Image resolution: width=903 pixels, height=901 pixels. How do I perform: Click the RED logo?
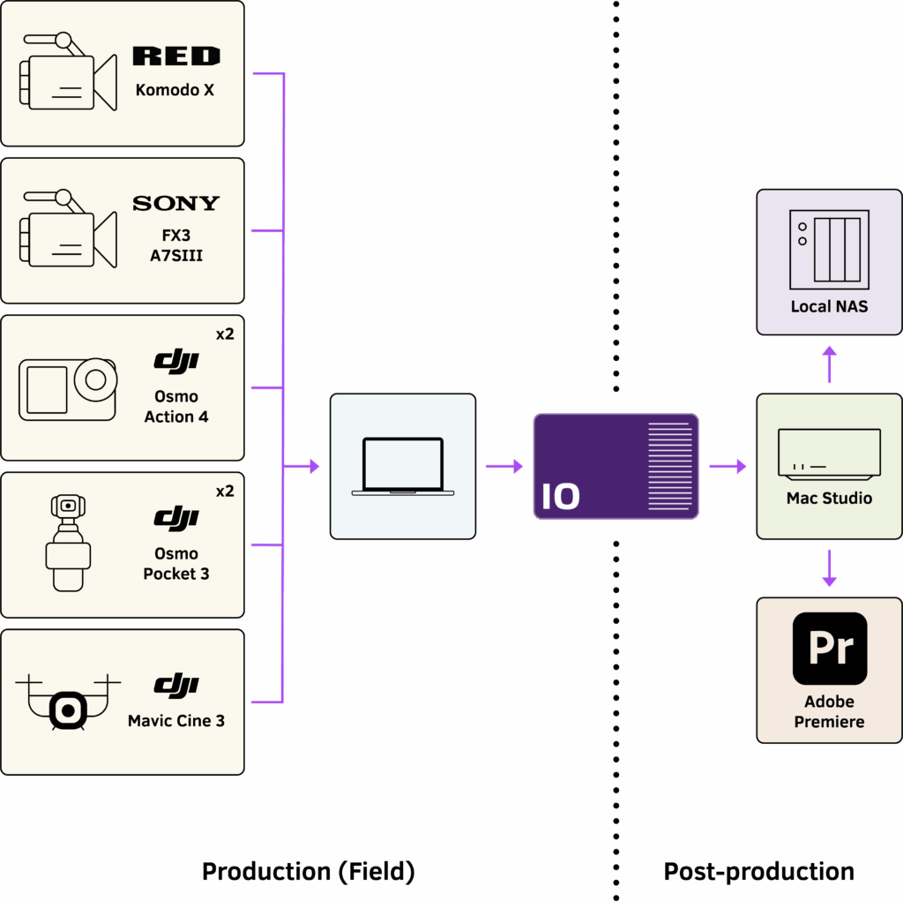point(175,57)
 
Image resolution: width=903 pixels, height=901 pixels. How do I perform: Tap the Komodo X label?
point(175,90)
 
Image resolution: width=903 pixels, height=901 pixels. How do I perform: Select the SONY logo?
point(175,204)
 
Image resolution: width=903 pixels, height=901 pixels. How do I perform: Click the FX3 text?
point(175,237)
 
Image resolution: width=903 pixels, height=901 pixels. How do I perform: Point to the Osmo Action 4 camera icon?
point(68,388)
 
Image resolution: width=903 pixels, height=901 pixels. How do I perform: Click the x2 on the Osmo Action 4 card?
point(225,334)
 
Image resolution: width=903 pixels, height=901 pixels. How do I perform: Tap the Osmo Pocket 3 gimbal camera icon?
point(68,543)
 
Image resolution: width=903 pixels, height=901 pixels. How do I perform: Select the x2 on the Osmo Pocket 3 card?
point(225,492)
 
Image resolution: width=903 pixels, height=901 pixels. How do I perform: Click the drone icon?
point(68,702)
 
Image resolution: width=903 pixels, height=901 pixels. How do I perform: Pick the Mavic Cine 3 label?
point(175,721)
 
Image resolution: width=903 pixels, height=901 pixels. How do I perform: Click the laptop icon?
point(402,466)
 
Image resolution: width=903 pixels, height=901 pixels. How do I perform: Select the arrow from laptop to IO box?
point(504,466)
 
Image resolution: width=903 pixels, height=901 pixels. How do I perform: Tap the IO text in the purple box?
point(561,497)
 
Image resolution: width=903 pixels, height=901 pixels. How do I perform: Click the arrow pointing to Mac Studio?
point(728,466)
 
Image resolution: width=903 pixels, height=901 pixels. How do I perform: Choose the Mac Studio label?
point(829,499)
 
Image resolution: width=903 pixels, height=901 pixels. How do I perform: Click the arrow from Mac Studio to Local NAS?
point(829,363)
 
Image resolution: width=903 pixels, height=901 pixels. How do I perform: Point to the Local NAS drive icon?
point(829,250)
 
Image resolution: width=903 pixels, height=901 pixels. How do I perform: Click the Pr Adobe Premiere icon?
point(829,649)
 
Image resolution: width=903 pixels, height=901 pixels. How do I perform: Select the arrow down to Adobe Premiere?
point(829,568)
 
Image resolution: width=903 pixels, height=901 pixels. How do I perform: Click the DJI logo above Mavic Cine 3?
point(175,684)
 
